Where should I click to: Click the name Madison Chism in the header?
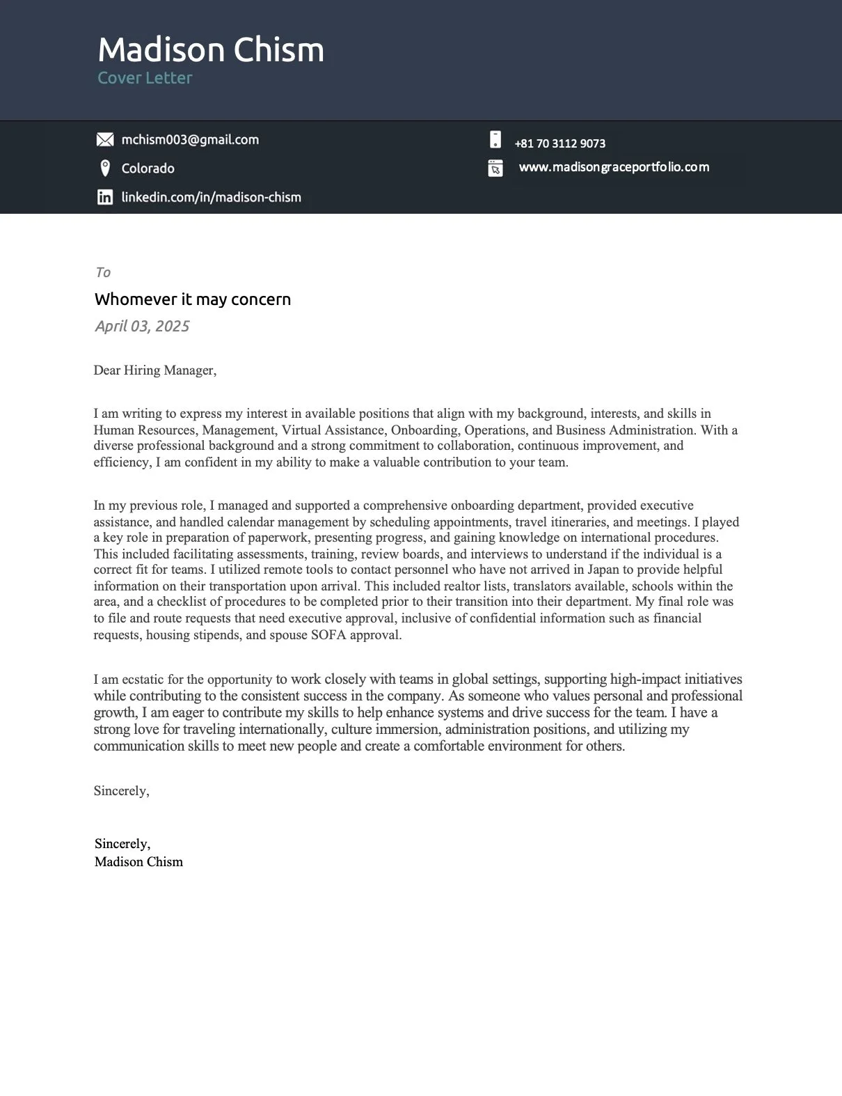(x=211, y=50)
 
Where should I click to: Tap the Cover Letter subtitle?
(x=145, y=78)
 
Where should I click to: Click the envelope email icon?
(x=104, y=140)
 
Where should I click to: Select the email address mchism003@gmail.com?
(x=190, y=140)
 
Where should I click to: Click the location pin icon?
(x=105, y=169)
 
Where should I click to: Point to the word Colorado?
(x=148, y=169)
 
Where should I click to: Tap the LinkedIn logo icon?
(x=105, y=197)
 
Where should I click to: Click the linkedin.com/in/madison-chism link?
(x=211, y=197)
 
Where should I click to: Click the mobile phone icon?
(x=495, y=140)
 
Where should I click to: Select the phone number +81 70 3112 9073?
(x=559, y=143)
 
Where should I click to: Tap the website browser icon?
(x=495, y=169)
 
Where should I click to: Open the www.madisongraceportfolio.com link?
(x=614, y=167)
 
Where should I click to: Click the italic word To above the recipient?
(x=103, y=272)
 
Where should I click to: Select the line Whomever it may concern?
(x=193, y=299)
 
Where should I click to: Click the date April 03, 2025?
(x=142, y=327)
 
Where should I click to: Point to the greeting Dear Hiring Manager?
(x=154, y=370)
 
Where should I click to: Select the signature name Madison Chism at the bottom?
(x=138, y=862)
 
